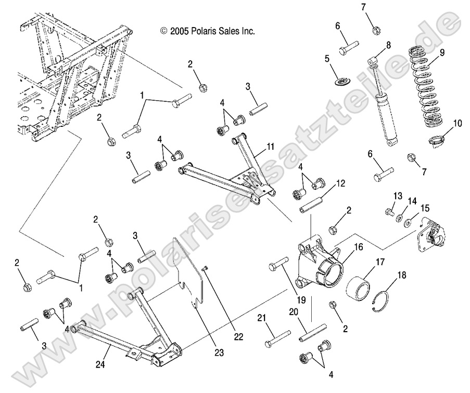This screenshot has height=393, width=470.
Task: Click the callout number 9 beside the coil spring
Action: tap(442, 52)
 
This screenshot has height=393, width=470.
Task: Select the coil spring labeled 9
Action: tap(428, 88)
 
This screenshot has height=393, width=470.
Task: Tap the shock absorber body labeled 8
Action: tap(387, 117)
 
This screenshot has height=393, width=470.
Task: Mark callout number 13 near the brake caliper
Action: tap(398, 196)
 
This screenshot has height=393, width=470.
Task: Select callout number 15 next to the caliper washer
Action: tap(425, 208)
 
